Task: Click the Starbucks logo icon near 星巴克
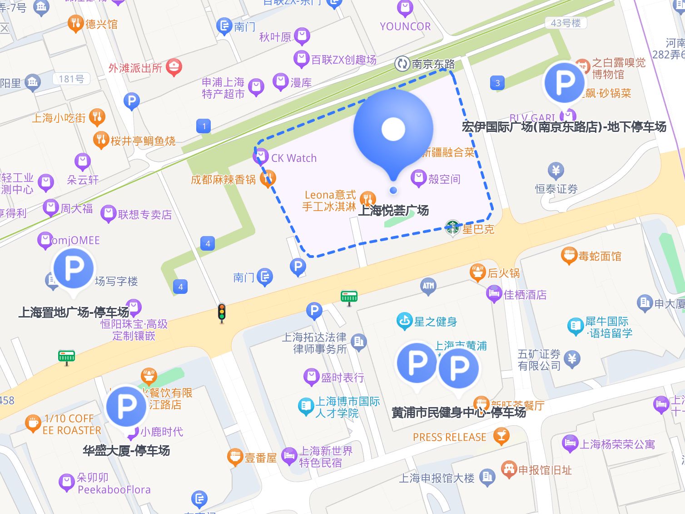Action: click(452, 227)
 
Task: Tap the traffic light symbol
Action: click(222, 312)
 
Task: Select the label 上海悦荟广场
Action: click(393, 211)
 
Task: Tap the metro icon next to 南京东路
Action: click(402, 64)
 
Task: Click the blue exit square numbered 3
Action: click(497, 83)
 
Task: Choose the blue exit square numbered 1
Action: click(204, 126)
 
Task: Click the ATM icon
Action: click(428, 286)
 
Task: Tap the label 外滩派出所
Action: click(135, 68)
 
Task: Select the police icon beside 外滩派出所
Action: click(174, 67)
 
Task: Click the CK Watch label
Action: click(293, 158)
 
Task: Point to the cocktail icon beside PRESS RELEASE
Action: click(501, 436)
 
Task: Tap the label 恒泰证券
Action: click(556, 189)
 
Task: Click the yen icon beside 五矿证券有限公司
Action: click(572, 359)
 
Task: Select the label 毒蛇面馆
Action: click(600, 256)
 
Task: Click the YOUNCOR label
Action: click(405, 26)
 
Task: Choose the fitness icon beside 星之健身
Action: click(404, 321)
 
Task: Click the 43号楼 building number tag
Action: click(566, 23)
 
